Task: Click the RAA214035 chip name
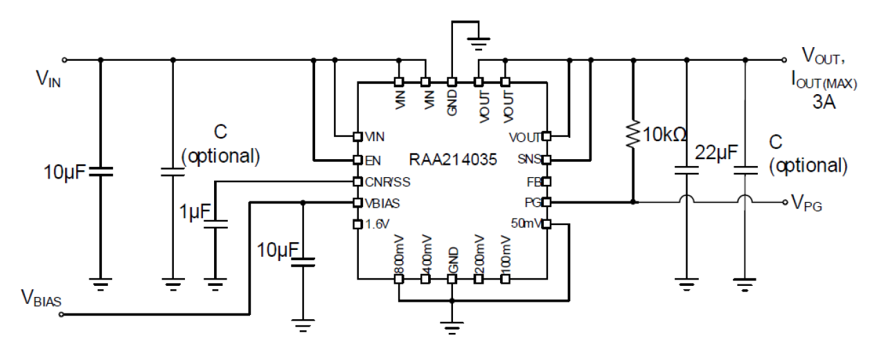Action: pyautogui.click(x=451, y=159)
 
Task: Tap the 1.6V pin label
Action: pyautogui.click(x=378, y=224)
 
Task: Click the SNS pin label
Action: pyautogui.click(x=530, y=160)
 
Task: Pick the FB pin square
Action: pyautogui.click(x=546, y=181)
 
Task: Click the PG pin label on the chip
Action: pyautogui.click(x=533, y=203)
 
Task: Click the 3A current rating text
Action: pyautogui.click(x=824, y=103)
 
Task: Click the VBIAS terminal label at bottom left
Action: pyautogui.click(x=41, y=300)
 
